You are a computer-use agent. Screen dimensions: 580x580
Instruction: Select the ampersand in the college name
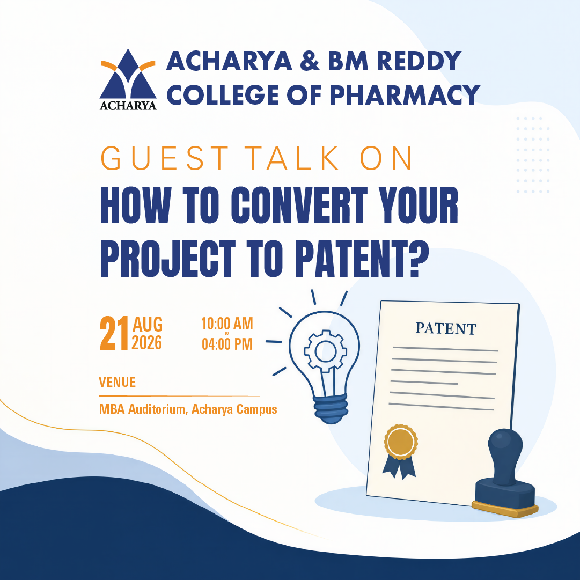click(x=310, y=61)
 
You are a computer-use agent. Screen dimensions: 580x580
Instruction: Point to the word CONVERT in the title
click(x=299, y=205)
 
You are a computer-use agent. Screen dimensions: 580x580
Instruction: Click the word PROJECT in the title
click(x=168, y=259)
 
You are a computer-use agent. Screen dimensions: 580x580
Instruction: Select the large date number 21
click(x=114, y=333)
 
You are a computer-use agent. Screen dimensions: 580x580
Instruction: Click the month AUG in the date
click(x=148, y=325)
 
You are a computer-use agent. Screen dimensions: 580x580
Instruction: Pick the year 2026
click(x=147, y=343)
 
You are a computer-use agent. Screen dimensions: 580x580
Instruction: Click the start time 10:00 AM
click(x=227, y=324)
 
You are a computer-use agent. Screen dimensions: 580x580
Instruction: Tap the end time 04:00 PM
click(x=227, y=344)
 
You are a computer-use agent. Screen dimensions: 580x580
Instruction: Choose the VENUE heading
click(x=118, y=382)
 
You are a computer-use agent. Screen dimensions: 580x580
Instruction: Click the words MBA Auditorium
click(x=143, y=409)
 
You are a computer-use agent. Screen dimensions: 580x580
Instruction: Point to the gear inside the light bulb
click(x=325, y=351)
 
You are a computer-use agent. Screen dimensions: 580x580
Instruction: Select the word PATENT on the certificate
click(x=446, y=328)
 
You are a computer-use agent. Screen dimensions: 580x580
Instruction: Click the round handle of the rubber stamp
click(x=505, y=456)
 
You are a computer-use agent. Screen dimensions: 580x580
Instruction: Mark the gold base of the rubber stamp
click(x=505, y=509)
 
